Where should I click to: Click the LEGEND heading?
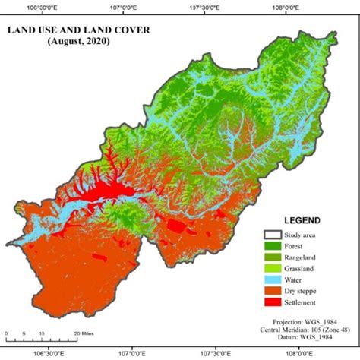[x=302, y=220]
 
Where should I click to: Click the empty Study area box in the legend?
[x=272, y=234]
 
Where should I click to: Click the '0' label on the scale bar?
[x=6, y=333]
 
